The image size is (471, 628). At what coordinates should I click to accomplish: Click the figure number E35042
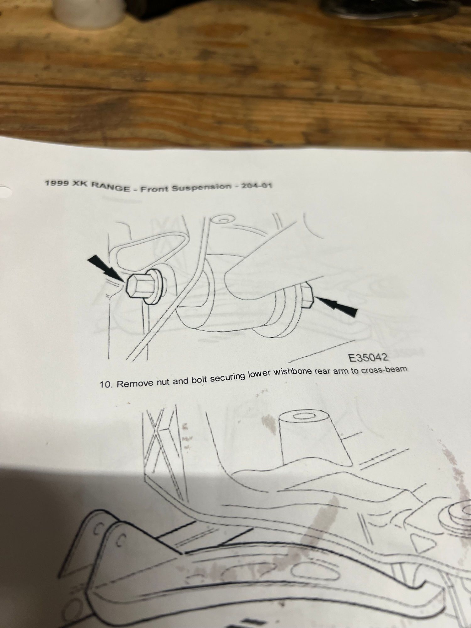(x=368, y=357)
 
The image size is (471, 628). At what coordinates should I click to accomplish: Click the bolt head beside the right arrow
(x=307, y=295)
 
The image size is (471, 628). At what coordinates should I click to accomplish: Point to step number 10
(x=106, y=384)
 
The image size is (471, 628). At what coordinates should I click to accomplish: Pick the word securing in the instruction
(x=228, y=378)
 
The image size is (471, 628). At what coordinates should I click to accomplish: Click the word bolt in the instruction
(x=198, y=379)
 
